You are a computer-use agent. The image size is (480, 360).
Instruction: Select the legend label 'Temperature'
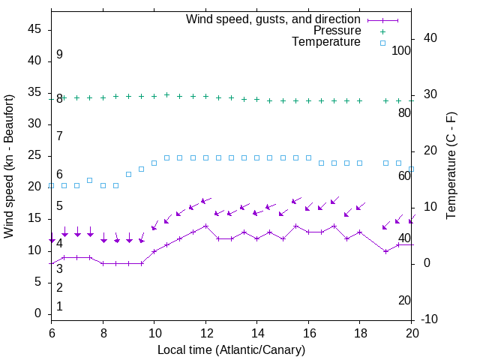(326, 42)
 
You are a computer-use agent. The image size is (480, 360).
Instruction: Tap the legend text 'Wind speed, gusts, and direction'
(274, 19)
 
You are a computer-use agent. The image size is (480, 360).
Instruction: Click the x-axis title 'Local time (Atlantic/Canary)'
(232, 349)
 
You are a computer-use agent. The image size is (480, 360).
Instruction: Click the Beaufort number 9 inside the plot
(59, 55)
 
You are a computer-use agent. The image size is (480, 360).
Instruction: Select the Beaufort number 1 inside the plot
(59, 306)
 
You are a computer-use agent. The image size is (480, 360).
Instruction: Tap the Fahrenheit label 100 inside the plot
(402, 51)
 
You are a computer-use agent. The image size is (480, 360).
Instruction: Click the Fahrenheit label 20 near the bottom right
(404, 300)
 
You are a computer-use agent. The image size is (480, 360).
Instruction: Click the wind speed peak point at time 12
(205, 225)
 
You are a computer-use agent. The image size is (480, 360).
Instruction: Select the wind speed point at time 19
(385, 251)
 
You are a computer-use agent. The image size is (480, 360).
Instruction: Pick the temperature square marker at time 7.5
(90, 180)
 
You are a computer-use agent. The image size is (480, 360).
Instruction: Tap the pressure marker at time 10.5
(166, 95)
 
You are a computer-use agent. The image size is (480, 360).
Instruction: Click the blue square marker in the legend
(382, 43)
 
